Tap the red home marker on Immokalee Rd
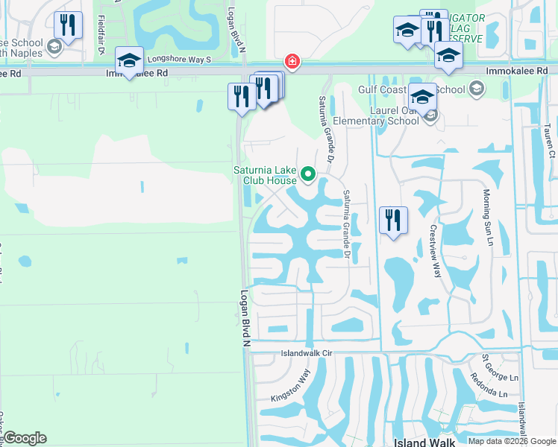click(292, 61)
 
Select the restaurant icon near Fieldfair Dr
click(68, 25)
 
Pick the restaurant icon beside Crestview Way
click(392, 220)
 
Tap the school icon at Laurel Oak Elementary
click(422, 97)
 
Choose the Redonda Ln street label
click(489, 386)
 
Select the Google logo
click(25, 438)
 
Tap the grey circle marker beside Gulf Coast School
click(476, 90)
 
